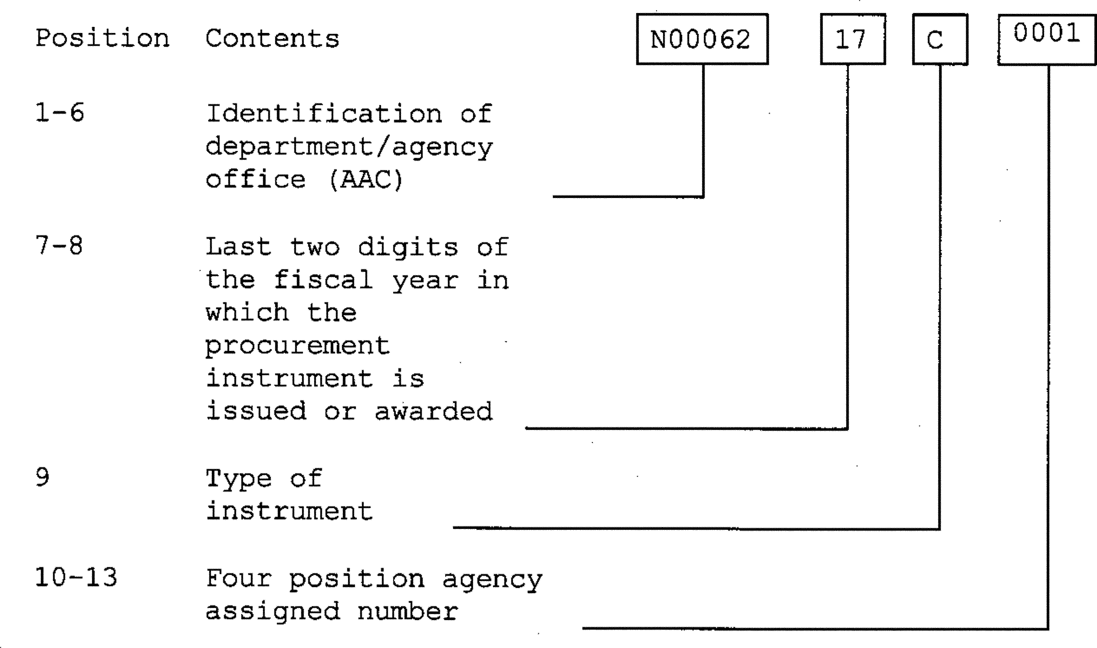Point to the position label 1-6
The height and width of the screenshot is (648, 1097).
point(59,113)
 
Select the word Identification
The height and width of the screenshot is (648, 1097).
point(324,114)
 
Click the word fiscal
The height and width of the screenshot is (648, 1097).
point(323,279)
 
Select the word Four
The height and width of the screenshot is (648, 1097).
point(239,579)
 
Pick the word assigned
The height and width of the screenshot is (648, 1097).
point(272,611)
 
